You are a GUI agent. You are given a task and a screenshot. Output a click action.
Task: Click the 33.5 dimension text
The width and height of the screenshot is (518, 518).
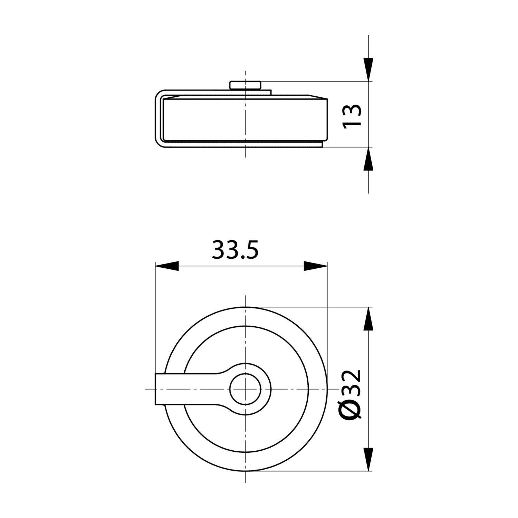(x=235, y=250)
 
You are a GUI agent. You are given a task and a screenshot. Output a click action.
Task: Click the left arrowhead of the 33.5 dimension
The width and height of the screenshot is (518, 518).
(x=167, y=266)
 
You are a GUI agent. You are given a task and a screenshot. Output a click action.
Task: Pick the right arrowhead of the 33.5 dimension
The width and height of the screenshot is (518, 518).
(x=315, y=266)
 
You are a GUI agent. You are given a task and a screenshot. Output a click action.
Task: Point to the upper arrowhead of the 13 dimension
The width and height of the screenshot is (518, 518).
(x=369, y=70)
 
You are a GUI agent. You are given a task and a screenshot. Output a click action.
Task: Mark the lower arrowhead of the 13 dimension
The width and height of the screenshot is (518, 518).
(x=369, y=159)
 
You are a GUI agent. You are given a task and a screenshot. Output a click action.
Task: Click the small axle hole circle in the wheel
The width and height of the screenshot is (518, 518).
(x=245, y=389)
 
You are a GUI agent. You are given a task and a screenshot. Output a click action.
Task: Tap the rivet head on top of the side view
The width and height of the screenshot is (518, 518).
(x=245, y=85)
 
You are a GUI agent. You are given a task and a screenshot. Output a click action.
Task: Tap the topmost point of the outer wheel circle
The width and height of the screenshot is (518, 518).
(x=245, y=307)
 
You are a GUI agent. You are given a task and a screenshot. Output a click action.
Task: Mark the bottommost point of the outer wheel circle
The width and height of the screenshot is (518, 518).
(x=245, y=471)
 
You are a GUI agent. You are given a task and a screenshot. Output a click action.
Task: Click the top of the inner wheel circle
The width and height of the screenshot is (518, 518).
(x=245, y=326)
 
